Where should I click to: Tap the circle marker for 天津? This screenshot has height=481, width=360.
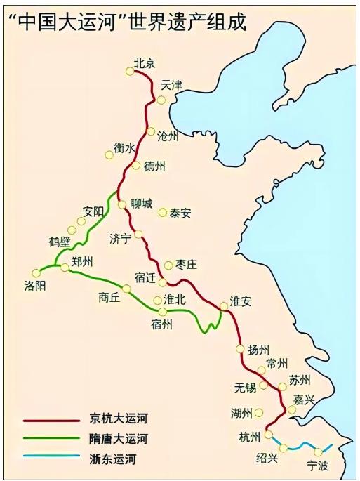161,100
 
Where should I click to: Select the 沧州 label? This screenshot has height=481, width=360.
168,136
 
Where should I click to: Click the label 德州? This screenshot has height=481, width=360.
154,167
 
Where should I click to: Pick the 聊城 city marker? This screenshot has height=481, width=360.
121,204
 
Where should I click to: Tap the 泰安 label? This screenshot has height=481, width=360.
180,213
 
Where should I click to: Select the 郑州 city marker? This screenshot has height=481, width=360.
65,268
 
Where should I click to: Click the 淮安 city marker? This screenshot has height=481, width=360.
224,305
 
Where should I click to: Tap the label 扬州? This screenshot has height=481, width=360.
258,350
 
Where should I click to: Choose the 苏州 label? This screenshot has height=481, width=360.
299,380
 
